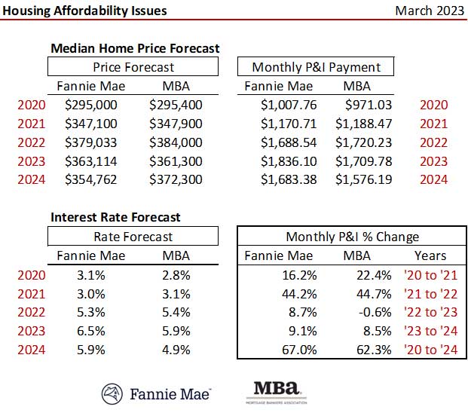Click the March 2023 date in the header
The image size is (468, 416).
tap(427, 11)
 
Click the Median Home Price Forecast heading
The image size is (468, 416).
tap(135, 48)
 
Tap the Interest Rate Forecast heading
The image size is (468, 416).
tap(115, 217)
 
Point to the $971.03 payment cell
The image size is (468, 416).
tap(369, 106)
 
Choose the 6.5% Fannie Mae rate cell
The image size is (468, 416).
tap(91, 329)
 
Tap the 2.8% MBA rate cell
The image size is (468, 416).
tap(176, 274)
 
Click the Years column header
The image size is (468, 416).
tap(430, 255)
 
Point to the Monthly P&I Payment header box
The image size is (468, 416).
tap(317, 67)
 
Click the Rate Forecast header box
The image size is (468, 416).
tap(133, 237)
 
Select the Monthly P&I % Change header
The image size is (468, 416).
tap(352, 237)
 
